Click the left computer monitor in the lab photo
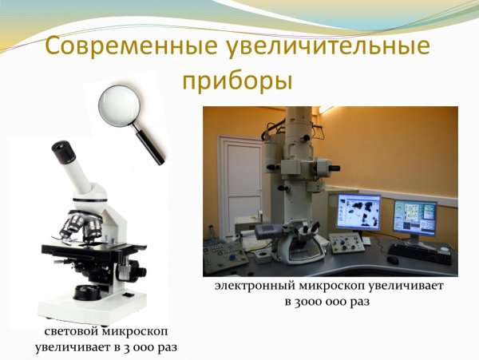pyautogui.click(x=358, y=214)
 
